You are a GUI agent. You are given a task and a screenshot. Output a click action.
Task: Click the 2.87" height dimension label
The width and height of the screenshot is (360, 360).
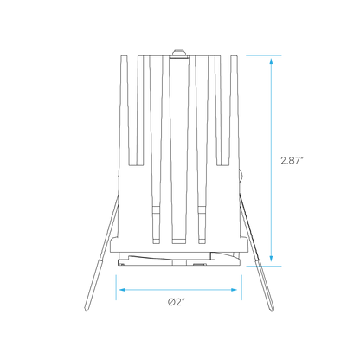292,160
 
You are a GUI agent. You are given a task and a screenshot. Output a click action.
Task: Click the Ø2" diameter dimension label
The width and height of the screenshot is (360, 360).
176,302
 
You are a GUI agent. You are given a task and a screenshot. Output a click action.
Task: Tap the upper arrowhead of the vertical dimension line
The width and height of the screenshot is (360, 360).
271,61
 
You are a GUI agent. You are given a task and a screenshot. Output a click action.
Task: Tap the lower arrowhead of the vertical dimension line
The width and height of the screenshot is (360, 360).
271,259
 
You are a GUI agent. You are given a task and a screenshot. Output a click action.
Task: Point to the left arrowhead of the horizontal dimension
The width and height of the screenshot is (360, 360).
122,290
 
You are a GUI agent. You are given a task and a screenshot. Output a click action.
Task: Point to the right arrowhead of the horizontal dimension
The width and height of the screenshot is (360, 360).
234,290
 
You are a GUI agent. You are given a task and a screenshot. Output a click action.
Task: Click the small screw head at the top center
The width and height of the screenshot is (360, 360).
179,53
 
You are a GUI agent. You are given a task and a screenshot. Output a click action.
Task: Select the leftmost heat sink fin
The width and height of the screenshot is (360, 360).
124,110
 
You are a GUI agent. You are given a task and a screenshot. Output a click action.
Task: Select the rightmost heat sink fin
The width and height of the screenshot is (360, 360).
235,110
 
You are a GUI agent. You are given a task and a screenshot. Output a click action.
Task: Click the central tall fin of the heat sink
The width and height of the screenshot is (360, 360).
179,150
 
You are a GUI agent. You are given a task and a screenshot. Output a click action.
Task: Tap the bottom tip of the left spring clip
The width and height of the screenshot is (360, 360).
86,310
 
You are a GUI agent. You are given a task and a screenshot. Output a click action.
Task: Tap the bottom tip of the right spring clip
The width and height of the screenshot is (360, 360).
273,310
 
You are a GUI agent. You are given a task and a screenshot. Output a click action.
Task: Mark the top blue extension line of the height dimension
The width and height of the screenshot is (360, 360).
264,55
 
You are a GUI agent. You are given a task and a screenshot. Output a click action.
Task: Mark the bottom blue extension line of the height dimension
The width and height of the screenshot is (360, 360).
264,266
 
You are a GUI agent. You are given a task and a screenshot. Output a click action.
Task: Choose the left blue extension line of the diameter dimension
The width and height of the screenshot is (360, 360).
116,287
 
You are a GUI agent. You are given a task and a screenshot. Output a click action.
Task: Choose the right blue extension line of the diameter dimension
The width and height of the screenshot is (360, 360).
241,287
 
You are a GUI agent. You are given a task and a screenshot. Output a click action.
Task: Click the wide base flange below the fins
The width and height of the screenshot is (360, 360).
179,245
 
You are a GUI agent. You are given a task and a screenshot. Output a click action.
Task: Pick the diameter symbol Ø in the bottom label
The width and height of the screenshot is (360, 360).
171,302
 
